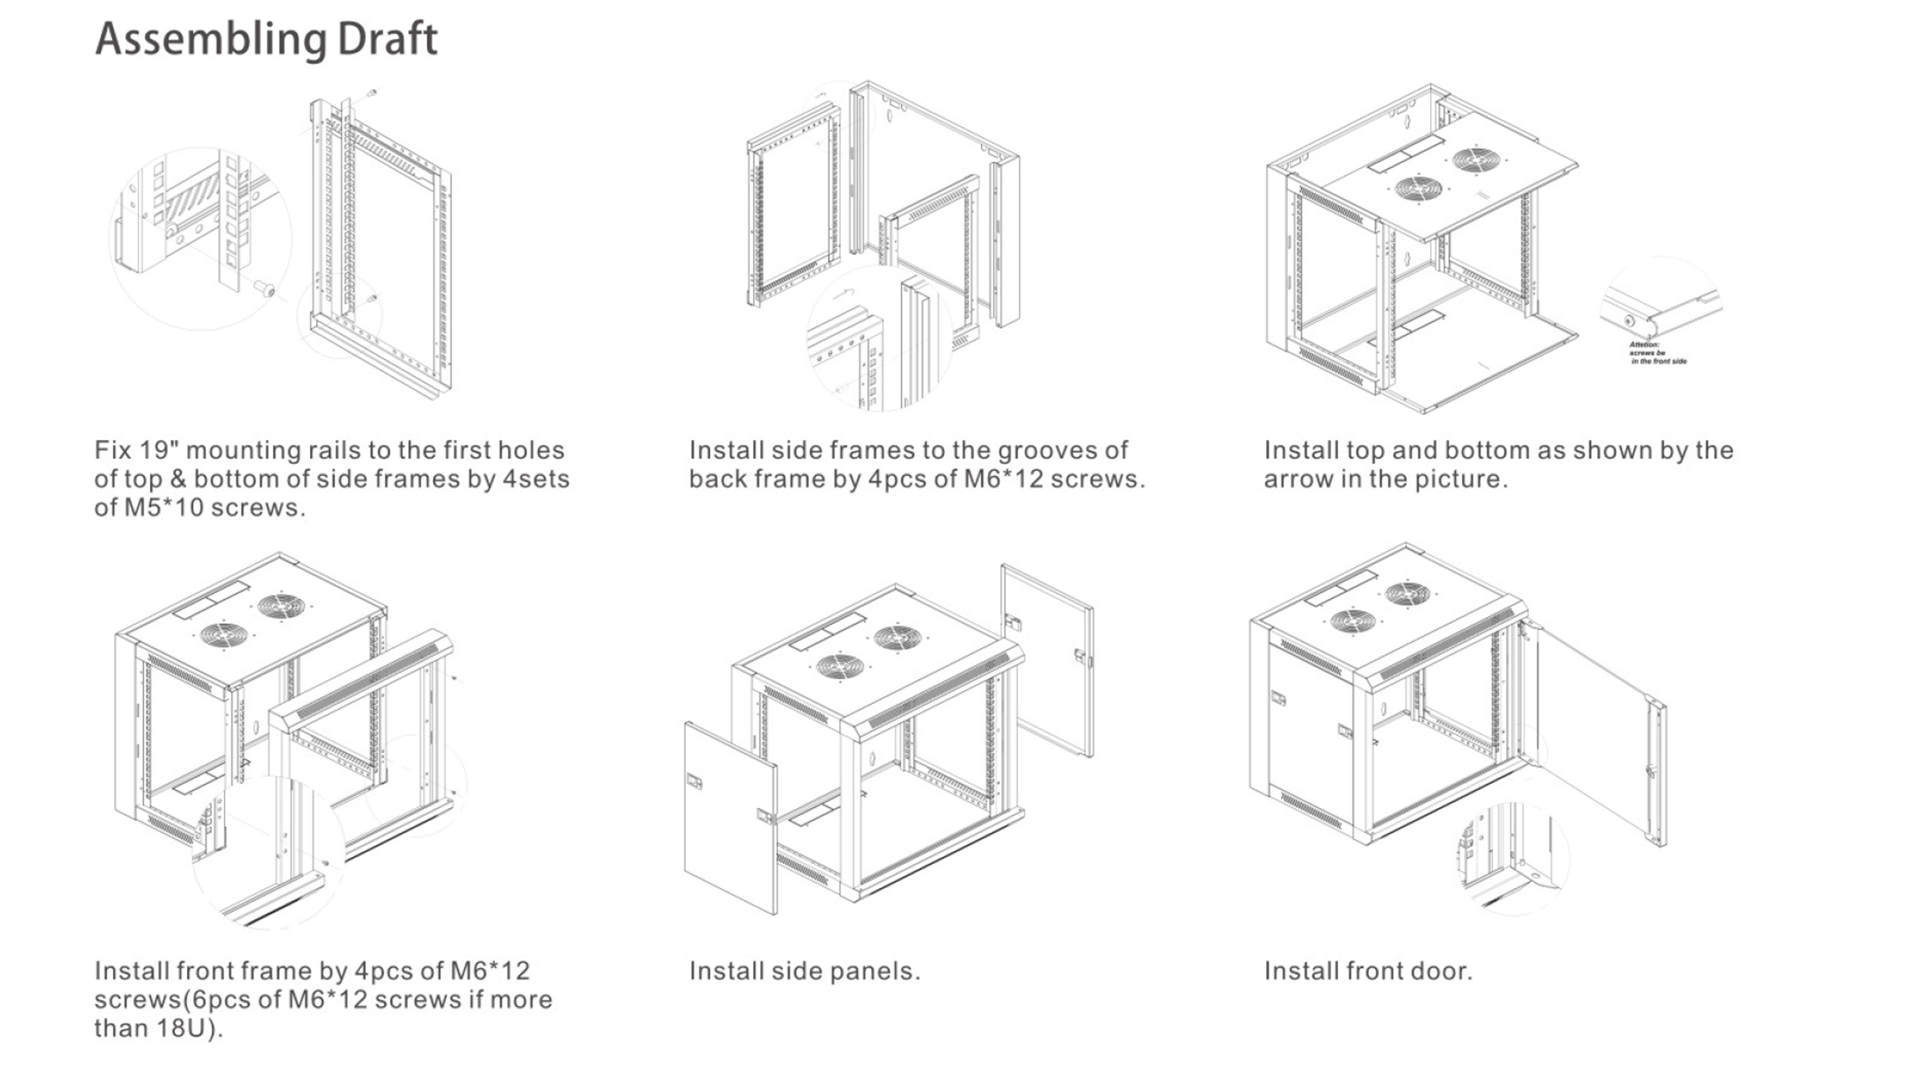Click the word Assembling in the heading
pyautogui.click(x=210, y=40)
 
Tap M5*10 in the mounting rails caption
pyautogui.click(x=164, y=508)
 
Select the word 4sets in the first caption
pyautogui.click(x=536, y=479)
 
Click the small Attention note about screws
pyautogui.click(x=1656, y=353)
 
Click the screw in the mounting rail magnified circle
pyautogui.click(x=264, y=289)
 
